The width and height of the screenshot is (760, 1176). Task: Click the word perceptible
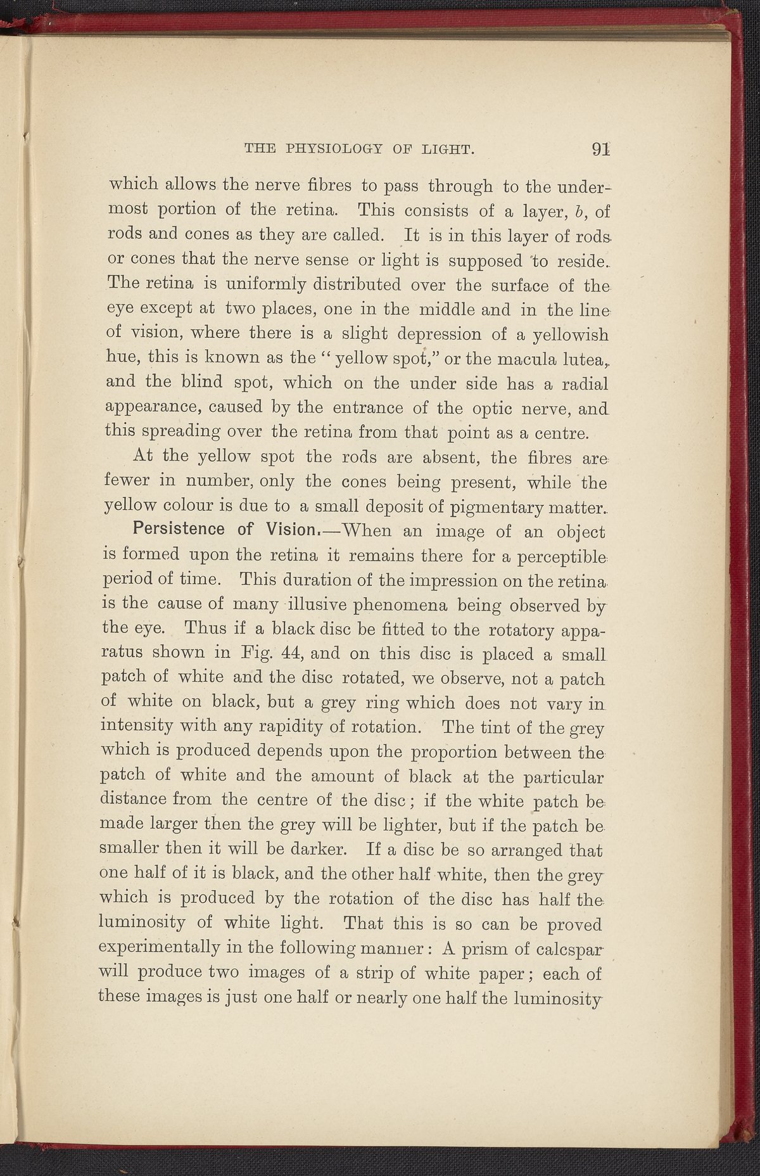(557, 556)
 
